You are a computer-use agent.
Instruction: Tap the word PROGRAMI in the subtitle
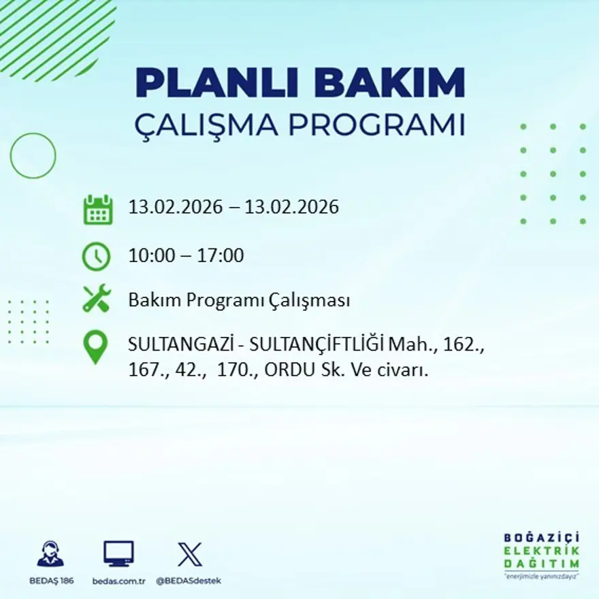click(378, 125)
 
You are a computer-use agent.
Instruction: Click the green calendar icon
click(97, 210)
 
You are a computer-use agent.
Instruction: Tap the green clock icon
click(96, 257)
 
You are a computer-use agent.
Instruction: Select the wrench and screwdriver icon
click(96, 299)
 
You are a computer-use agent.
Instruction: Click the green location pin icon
click(95, 346)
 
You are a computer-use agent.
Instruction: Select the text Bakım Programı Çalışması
click(239, 300)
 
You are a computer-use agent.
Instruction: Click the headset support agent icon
click(51, 553)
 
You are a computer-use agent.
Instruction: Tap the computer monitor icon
click(118, 553)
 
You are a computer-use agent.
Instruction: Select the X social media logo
click(189, 553)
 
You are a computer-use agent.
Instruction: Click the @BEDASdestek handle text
click(189, 581)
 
